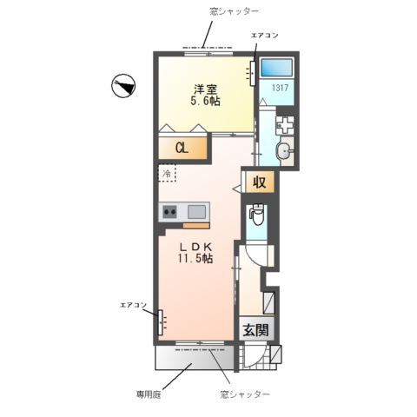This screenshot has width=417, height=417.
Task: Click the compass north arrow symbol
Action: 124,85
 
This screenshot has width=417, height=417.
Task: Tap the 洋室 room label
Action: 204,89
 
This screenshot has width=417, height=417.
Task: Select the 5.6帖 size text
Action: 204,103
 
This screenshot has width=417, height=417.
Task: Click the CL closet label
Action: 182,149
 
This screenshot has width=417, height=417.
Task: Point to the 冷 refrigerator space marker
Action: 166,173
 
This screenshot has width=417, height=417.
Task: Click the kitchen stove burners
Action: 169,210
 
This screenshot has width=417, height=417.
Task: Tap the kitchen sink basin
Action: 196,210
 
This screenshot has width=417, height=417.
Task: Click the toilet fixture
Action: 257,215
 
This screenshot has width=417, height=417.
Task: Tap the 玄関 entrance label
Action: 255,330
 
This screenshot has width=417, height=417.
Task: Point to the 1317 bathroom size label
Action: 278,87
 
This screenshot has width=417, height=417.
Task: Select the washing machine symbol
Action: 286,125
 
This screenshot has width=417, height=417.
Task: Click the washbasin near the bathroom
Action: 285,153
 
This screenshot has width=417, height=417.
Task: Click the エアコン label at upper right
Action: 264,36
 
